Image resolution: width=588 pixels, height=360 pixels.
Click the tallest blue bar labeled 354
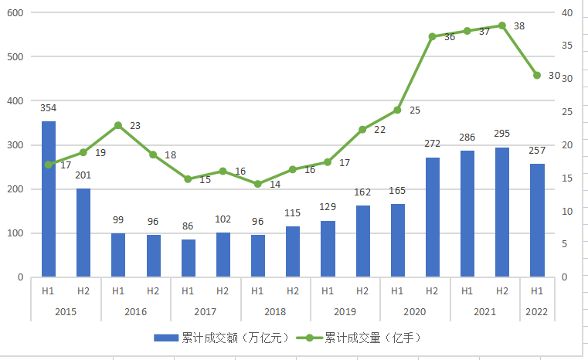click(x=48, y=199)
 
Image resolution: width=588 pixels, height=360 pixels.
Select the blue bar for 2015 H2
click(x=83, y=233)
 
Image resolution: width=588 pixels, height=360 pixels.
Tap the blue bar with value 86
click(x=188, y=258)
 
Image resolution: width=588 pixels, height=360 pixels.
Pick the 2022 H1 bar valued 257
click(x=537, y=220)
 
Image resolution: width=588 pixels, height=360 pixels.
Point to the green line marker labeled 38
click(x=502, y=25)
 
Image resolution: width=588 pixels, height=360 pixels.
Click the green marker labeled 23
click(x=118, y=125)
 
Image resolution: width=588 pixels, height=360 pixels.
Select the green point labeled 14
click(x=257, y=185)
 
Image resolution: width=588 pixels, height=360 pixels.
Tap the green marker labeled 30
click(x=537, y=75)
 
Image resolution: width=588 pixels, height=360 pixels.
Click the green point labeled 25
click(x=397, y=110)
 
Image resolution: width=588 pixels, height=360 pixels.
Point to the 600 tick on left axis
click(x=16, y=13)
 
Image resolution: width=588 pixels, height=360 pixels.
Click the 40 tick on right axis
click(x=566, y=13)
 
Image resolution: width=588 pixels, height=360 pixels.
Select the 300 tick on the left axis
click(x=16, y=145)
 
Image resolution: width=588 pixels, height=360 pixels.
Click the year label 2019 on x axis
click(x=345, y=312)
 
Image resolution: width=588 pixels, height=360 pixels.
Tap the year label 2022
click(x=537, y=312)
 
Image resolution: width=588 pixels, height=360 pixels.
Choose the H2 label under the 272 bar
click(x=432, y=291)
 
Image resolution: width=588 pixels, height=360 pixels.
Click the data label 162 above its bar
click(x=362, y=192)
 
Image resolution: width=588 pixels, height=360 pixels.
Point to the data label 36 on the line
click(x=449, y=37)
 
